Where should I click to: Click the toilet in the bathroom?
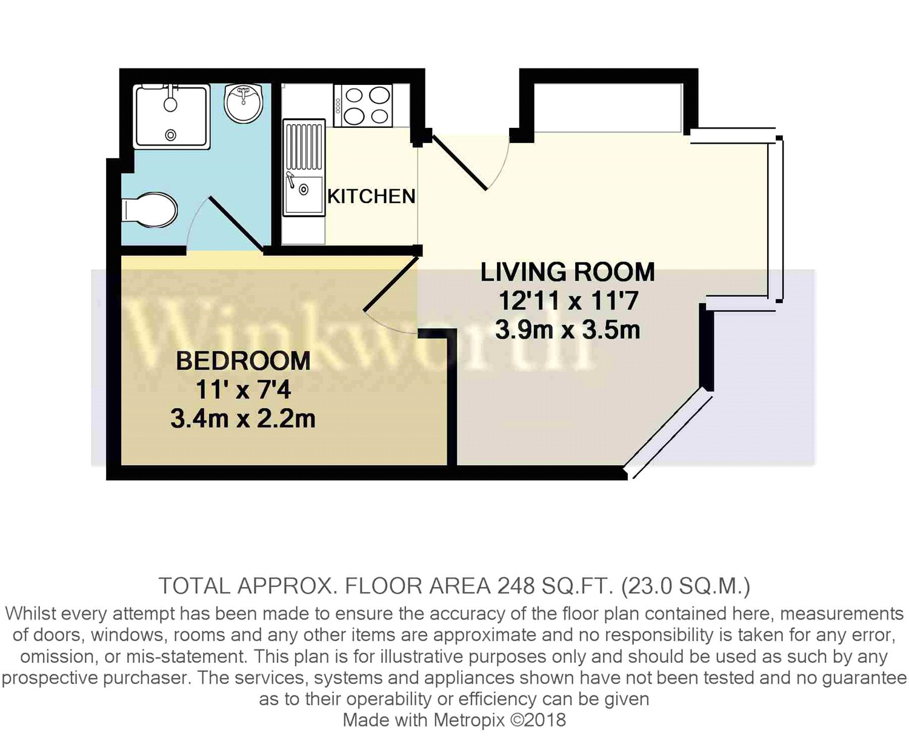tap(150, 210)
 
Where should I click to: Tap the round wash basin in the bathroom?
tap(243, 102)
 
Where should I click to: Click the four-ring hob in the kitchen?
tap(363, 106)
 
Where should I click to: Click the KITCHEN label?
tap(371, 196)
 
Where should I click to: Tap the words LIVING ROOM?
tap(567, 272)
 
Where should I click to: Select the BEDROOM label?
tap(243, 361)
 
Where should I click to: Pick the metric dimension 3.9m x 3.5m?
tap(567, 330)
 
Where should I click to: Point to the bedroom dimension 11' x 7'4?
tap(243, 390)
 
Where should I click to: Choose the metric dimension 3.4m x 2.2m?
tap(243, 419)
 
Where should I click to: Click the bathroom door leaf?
tap(236, 224)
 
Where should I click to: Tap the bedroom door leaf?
tap(391, 284)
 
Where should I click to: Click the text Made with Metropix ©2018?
tap(454, 720)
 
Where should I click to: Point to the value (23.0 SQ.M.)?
tap(686, 586)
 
